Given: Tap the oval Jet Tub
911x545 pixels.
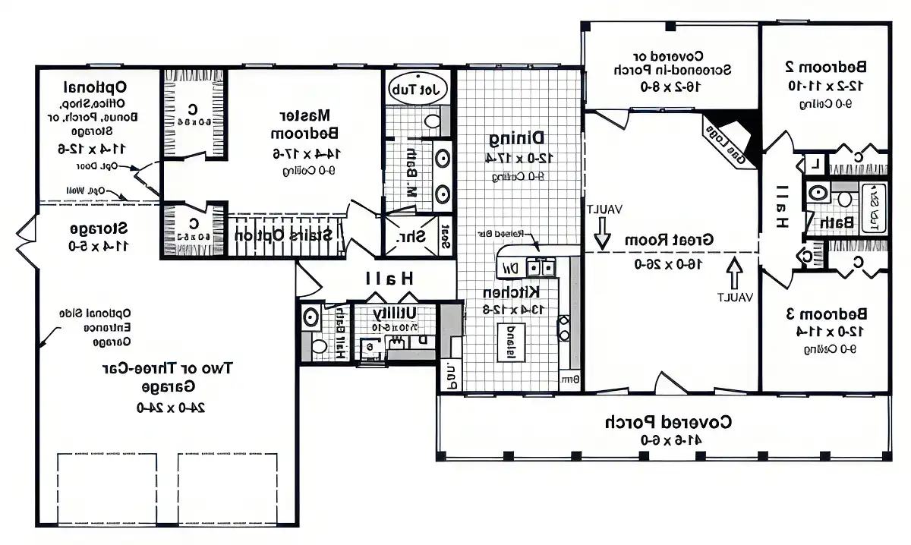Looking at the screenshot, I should tap(418, 88).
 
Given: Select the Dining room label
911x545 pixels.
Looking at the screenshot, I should tap(516, 138).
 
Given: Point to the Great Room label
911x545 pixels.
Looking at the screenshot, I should tap(669, 239).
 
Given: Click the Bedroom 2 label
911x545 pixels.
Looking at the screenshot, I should tap(826, 66).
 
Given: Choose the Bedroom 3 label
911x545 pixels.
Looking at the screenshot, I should tap(826, 313).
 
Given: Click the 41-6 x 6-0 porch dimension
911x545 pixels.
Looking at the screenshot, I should tap(667, 439).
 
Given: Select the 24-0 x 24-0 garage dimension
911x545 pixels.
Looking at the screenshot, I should tap(167, 407).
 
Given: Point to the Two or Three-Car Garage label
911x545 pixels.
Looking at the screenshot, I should tap(167, 377).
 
